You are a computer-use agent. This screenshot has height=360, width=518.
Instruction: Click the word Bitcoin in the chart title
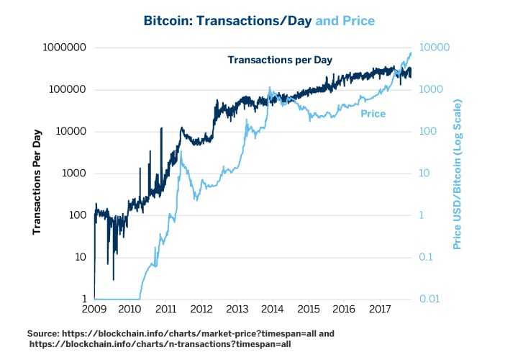pos(167,21)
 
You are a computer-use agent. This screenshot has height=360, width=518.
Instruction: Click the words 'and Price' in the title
pos(345,21)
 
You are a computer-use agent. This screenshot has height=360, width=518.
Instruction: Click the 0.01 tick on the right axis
pos(431,299)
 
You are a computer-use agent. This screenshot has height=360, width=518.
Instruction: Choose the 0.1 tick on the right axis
pos(428,257)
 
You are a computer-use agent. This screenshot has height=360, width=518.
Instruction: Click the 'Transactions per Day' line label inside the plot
pos(280,60)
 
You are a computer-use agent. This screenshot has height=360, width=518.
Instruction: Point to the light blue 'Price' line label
pos(373,114)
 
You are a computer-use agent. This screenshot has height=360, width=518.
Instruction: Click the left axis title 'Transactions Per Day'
pos(37,182)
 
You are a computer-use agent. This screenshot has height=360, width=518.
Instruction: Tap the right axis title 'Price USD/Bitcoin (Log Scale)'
pos(458,175)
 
